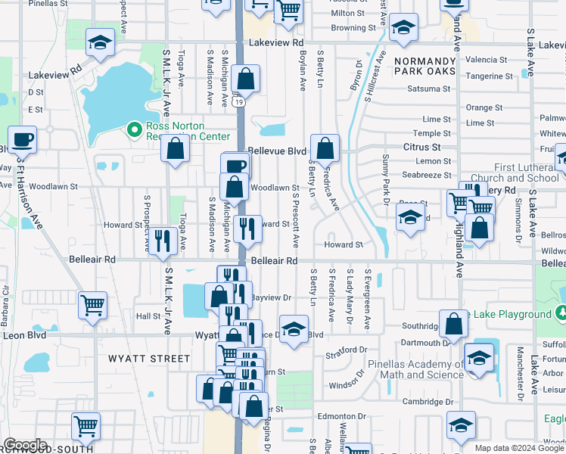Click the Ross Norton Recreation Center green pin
[x=135, y=130]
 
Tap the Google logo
[x=24, y=445]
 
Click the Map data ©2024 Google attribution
[x=518, y=448]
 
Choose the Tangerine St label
[x=489, y=76]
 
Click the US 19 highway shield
[x=239, y=101]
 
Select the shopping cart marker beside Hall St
[x=93, y=306]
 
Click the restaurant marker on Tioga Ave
[x=163, y=241]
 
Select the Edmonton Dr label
[x=342, y=416]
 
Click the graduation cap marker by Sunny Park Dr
[x=410, y=219]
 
